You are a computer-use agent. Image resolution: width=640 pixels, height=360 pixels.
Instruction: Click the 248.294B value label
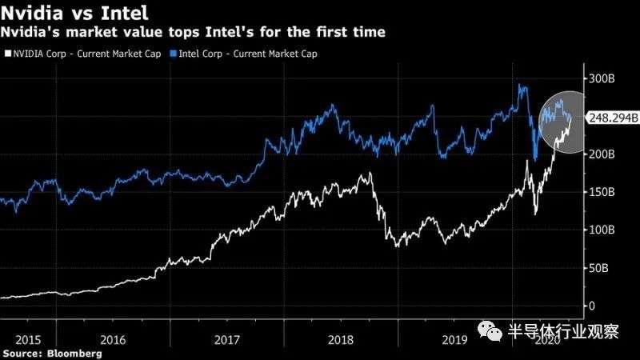point(612,118)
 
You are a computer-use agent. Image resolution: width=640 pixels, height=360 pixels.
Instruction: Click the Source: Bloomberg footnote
point(51,353)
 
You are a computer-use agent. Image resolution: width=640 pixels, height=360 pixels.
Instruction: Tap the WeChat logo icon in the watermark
point(491,331)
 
